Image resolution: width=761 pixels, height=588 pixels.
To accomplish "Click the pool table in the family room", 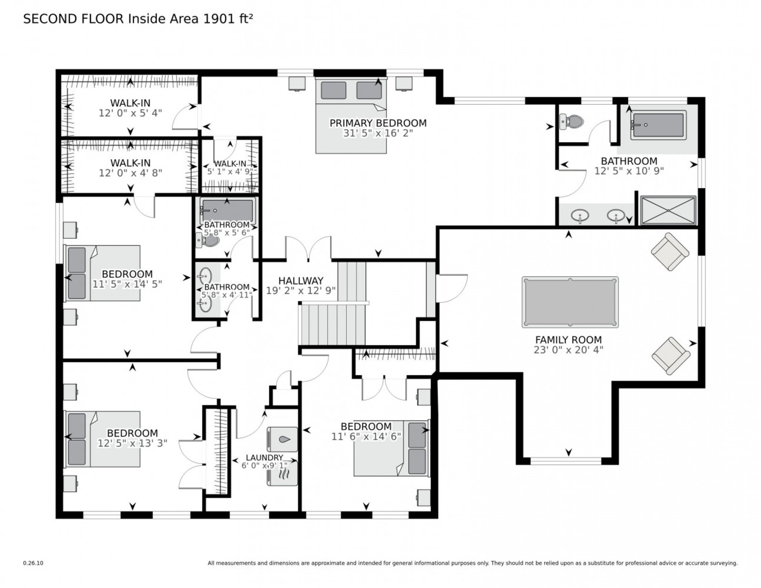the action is pos(569,302).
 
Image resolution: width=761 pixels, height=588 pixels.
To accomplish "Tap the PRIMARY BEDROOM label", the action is pos(378,123).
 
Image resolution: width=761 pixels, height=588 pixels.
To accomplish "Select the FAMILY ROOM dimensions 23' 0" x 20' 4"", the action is pos(568,350).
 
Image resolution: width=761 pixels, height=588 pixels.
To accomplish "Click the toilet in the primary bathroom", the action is pos(572,121).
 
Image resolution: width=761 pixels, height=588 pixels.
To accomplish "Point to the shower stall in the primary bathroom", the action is pos(668,210).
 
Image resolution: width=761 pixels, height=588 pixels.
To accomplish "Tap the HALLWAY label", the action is pos(301,281).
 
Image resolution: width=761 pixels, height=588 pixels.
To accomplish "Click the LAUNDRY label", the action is pos(264,457).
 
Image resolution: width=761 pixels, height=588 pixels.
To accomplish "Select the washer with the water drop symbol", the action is pos(282,439).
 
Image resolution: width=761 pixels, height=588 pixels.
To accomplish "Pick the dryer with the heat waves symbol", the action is pos(282,473).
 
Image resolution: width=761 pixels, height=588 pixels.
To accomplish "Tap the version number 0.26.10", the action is pos(33,563).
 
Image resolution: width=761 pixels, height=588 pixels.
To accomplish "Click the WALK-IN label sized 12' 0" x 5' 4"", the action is pos(130,103).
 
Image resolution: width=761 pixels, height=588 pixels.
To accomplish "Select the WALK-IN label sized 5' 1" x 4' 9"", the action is pos(230,164).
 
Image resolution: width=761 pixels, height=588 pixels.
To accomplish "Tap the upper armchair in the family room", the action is pos(670,252).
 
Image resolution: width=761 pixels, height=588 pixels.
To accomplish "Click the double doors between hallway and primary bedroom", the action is pos(308,249).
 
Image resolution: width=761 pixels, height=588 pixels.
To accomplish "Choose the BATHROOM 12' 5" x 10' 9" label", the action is pos(629,161).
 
